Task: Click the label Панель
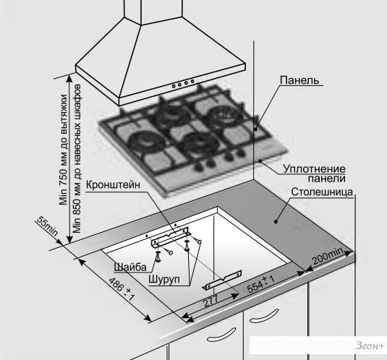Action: (299, 80)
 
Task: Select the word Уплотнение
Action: (314, 169)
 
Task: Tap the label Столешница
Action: (322, 192)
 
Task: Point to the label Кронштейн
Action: (113, 184)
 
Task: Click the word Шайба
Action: (130, 267)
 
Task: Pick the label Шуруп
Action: (164, 279)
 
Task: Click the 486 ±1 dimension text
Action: (122, 289)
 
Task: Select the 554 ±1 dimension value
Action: (260, 284)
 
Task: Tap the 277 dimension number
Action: (210, 301)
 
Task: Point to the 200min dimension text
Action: (328, 256)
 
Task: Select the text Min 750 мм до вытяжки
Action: (64, 150)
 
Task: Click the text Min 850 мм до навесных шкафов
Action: (77, 159)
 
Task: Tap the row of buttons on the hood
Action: (183, 83)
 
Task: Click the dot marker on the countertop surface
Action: (276, 222)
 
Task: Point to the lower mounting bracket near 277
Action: (222, 280)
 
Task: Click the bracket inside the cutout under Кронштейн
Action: (171, 238)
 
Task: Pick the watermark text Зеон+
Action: (370, 346)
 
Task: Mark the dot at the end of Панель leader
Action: (256, 129)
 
